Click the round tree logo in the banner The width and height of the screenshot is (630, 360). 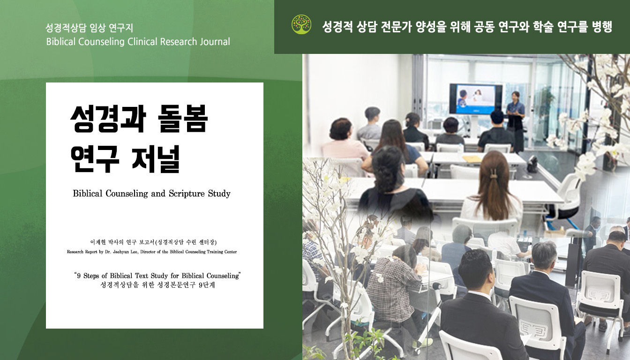tap(301, 24)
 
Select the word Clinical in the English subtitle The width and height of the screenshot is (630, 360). tap(142, 42)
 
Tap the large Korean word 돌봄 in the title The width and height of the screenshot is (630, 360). tap(183, 119)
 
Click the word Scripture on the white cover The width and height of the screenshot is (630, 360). tap(187, 194)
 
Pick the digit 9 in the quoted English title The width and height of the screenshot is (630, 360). tap(79, 276)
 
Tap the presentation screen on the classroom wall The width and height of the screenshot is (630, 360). tap(476, 99)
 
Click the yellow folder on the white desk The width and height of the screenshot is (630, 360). tap(472, 158)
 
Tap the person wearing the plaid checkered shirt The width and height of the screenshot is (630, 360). tap(392, 284)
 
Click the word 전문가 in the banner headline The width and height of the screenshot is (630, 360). tap(396, 27)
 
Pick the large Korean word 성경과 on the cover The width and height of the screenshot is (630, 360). tap(108, 119)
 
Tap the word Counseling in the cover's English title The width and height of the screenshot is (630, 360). tap(127, 194)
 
